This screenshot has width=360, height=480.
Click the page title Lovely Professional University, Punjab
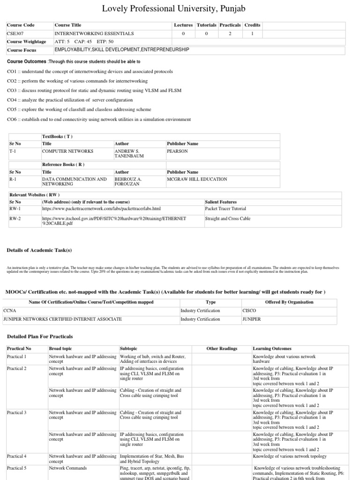point(180,8)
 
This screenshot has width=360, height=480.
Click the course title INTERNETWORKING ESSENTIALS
point(94,33)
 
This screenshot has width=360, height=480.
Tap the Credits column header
point(252,25)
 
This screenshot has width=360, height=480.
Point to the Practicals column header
point(230,25)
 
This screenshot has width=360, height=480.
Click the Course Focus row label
point(22,50)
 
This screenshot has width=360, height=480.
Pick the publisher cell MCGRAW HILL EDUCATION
point(197,179)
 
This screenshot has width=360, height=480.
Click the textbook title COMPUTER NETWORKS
point(68,151)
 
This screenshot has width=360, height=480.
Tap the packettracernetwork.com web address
point(101,209)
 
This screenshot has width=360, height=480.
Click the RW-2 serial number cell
point(15,218)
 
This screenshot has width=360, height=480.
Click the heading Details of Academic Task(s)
point(39,250)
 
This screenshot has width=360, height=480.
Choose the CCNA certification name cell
point(10,310)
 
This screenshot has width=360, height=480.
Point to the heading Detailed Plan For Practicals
point(40,337)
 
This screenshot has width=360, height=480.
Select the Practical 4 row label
point(16,456)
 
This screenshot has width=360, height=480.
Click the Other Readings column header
point(222,349)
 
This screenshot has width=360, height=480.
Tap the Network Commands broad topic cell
point(68,468)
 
